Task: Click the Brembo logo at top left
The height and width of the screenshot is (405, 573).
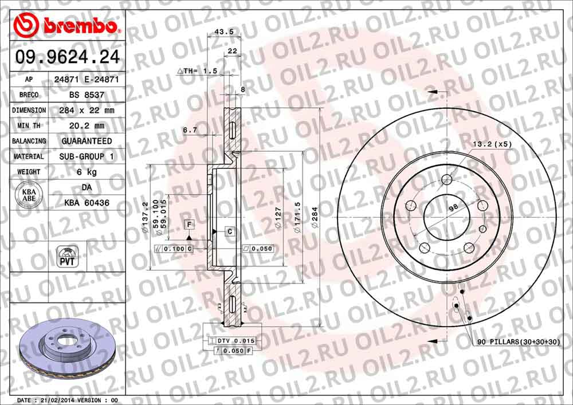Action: (x=66, y=26)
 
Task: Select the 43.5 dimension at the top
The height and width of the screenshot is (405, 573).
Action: (x=218, y=32)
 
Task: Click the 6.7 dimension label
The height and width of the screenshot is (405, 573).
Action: (x=190, y=130)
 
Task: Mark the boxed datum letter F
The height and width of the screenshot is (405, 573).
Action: (x=187, y=223)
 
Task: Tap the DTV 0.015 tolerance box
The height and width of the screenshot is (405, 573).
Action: (x=236, y=341)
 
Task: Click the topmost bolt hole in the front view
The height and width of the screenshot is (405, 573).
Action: (x=447, y=180)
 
